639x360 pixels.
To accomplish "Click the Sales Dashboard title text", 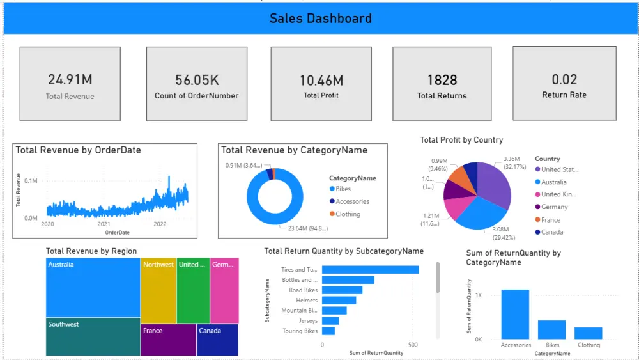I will [320, 18].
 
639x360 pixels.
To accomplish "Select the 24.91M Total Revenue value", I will [70, 80].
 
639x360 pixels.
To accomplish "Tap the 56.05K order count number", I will [197, 80].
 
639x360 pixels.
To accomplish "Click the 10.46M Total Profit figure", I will [321, 81].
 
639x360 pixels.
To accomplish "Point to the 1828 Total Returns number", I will [442, 80].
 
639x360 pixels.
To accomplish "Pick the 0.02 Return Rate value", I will [564, 80].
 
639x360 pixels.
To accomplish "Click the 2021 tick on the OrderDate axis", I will [104, 224].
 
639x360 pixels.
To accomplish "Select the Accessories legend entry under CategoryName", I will [352, 201].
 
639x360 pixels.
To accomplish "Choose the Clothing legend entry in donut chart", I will [348, 214].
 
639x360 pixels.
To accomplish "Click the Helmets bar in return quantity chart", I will [339, 301].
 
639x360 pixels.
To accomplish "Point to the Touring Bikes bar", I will [328, 331].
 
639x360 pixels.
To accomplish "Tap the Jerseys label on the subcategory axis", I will [307, 321].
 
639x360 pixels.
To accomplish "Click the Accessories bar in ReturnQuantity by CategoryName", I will [515, 314].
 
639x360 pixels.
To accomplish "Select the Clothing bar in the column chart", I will [588, 333].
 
